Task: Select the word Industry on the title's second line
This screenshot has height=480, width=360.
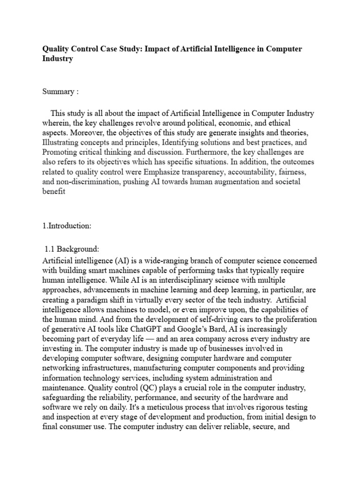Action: tap(58, 60)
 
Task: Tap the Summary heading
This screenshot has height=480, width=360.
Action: tap(58, 92)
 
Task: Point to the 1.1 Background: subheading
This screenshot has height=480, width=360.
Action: tap(72, 249)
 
